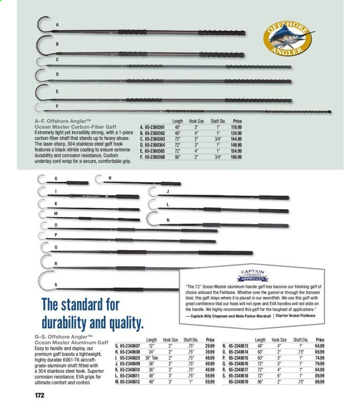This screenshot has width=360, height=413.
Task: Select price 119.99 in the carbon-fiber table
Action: point(236,127)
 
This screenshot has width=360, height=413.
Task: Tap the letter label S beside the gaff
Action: point(55,285)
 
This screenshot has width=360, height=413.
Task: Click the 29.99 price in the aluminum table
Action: point(210,346)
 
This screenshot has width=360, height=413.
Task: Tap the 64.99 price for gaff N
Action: point(320,346)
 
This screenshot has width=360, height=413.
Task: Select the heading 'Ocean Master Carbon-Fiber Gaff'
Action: point(75,127)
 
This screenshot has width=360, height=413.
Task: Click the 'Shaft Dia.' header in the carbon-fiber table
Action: point(207,121)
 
